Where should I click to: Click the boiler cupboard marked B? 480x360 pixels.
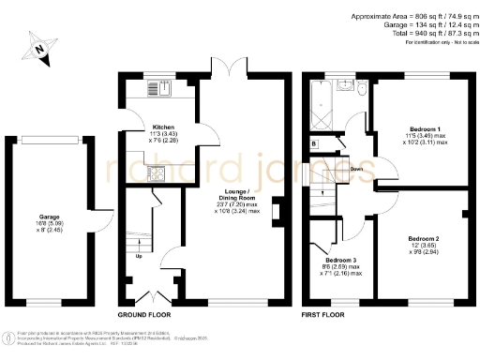pyautogui.click(x=313, y=142)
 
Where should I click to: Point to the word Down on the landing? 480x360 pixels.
pyautogui.click(x=356, y=170)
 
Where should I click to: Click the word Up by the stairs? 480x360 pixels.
pyautogui.click(x=140, y=256)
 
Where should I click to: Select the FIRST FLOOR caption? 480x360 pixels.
pyautogui.click(x=322, y=316)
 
